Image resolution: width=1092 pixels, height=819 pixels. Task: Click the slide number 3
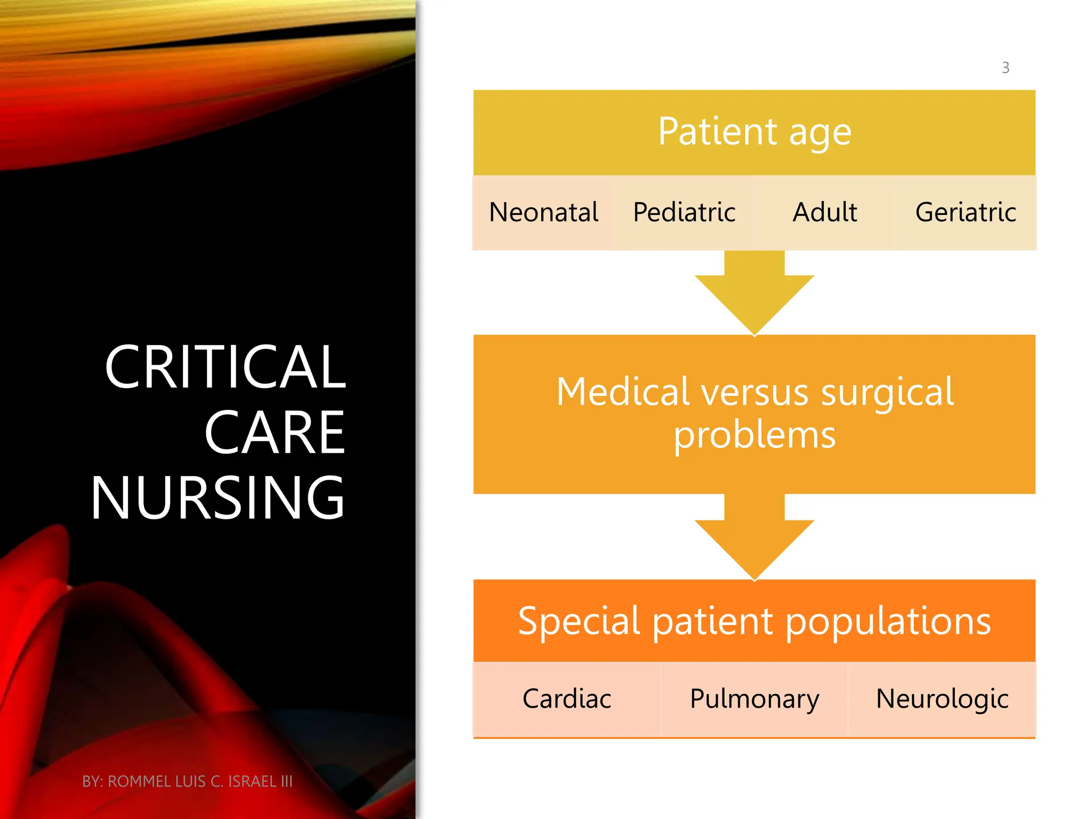tap(1005, 68)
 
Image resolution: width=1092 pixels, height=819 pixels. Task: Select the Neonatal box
tap(543, 213)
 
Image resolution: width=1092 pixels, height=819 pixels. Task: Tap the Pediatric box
tap(684, 213)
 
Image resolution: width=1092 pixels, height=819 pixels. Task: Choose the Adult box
tap(824, 213)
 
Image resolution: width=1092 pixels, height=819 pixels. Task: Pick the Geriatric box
tap(965, 213)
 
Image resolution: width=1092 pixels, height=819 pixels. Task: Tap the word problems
tap(754, 436)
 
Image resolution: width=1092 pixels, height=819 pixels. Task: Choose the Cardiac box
tap(567, 699)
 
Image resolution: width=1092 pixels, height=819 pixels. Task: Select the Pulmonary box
tap(754, 699)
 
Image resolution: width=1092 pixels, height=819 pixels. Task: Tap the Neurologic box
tap(942, 699)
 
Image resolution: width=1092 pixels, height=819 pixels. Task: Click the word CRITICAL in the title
tap(226, 367)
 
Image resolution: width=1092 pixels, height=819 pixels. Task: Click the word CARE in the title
tap(275, 433)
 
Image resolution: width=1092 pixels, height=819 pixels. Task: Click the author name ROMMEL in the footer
tap(140, 782)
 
